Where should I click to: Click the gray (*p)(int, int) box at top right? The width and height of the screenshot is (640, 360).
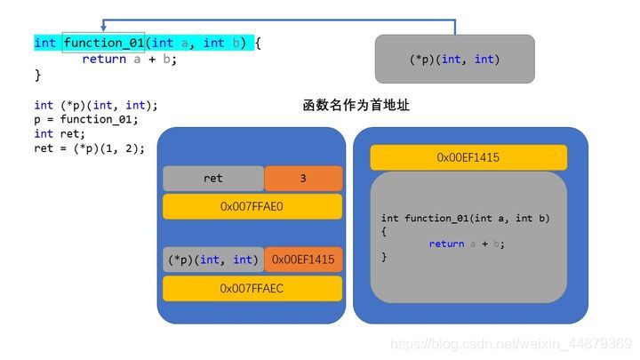click(454, 60)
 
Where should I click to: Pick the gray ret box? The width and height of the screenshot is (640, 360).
click(212, 179)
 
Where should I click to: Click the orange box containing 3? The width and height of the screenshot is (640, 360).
click(302, 179)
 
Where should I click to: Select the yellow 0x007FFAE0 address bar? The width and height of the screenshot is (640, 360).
click(252, 206)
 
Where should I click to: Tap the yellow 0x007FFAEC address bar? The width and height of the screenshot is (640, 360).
click(252, 288)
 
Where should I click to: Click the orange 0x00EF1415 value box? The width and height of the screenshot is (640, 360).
click(302, 260)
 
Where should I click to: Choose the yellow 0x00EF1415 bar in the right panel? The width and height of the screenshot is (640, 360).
click(468, 157)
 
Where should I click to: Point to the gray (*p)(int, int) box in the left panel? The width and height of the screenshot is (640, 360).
click(212, 260)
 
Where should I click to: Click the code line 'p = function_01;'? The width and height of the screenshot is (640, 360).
click(86, 119)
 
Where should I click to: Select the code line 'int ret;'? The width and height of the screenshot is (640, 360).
click(57, 133)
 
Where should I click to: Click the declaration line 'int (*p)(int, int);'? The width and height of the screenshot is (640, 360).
click(95, 105)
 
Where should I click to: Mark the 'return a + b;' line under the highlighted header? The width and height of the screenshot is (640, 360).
click(129, 59)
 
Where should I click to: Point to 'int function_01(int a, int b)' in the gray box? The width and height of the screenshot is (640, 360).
click(465, 218)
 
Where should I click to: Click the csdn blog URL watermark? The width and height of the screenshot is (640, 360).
click(511, 343)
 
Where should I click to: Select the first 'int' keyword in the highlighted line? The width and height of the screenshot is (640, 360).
click(44, 42)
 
